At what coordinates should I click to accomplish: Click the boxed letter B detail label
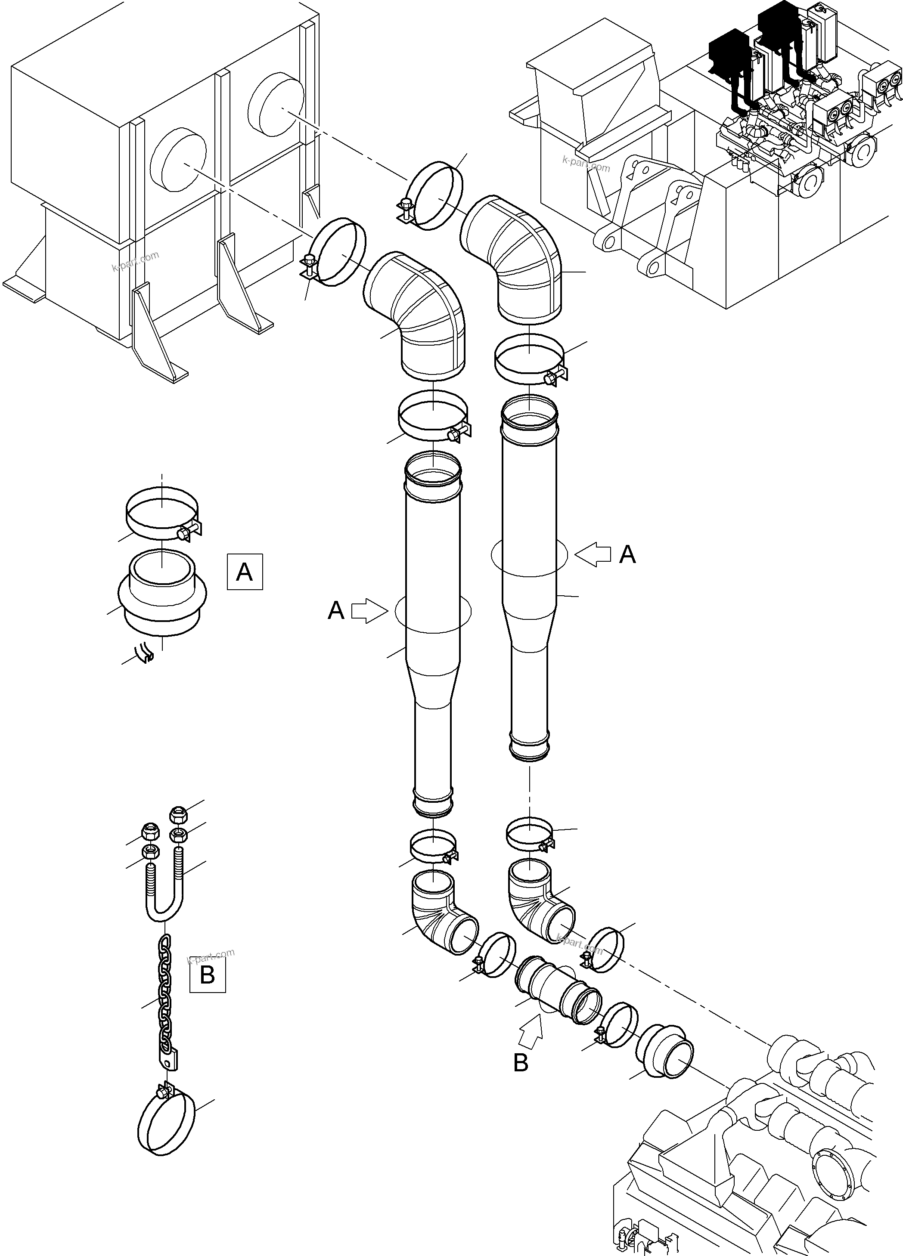click(207, 974)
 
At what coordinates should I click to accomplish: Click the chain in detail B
click(165, 994)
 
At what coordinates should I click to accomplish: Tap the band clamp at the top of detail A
click(162, 514)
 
